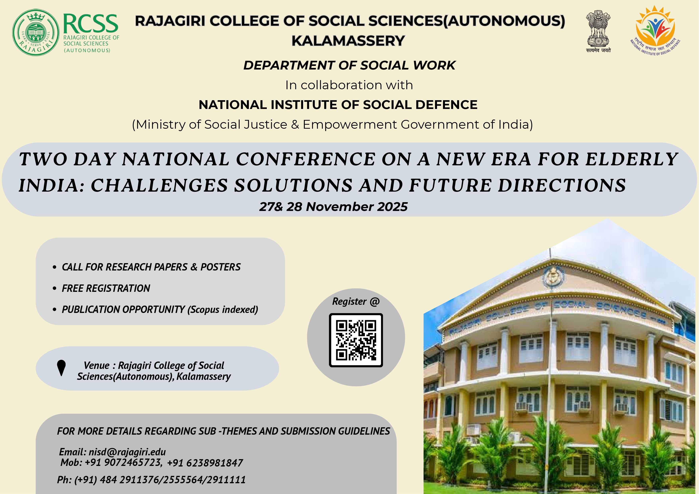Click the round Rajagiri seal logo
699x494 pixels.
[x=36, y=32]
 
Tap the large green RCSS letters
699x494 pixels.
[x=90, y=24]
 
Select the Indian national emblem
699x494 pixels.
[x=598, y=31]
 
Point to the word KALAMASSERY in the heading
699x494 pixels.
[x=348, y=41]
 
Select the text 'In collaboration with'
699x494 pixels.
[x=349, y=85]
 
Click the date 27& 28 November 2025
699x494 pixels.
[x=333, y=207]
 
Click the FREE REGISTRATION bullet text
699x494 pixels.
[x=106, y=288]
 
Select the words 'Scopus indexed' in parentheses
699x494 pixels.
[x=223, y=310]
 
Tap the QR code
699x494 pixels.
[x=356, y=340]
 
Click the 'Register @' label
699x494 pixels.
[x=356, y=301]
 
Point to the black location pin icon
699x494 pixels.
[x=62, y=368]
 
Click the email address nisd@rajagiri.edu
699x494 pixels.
[x=127, y=452]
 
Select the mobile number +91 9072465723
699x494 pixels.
[x=123, y=463]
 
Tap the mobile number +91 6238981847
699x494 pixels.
[x=205, y=463]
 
